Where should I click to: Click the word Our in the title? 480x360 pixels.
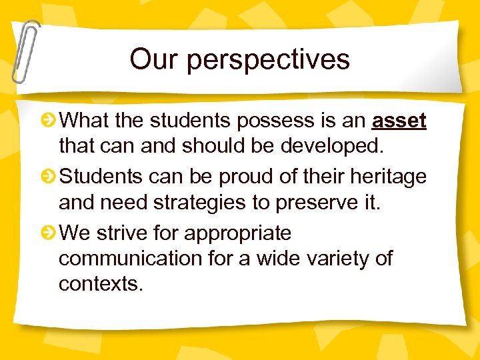click(154, 59)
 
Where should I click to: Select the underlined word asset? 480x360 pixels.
click(399, 121)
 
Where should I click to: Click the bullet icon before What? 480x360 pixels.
click(49, 121)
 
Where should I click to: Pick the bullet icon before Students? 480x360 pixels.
click(49, 177)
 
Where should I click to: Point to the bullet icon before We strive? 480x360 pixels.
click(49, 233)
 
